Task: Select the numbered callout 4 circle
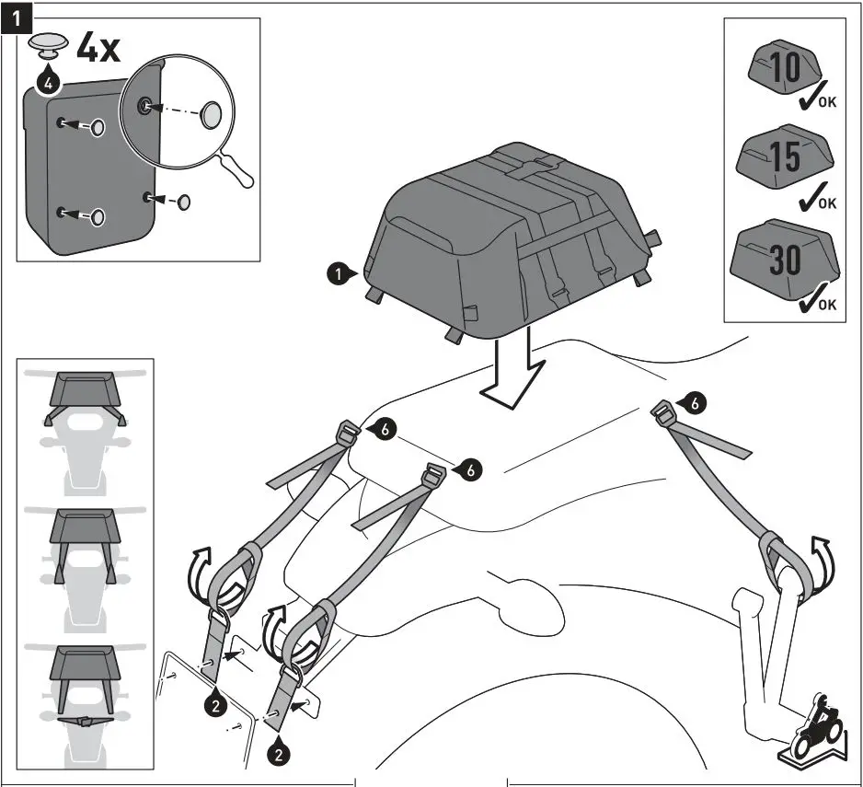tap(49, 83)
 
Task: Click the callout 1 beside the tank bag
tap(339, 273)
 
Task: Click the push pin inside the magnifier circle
tap(212, 114)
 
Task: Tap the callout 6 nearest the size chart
tap(696, 401)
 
